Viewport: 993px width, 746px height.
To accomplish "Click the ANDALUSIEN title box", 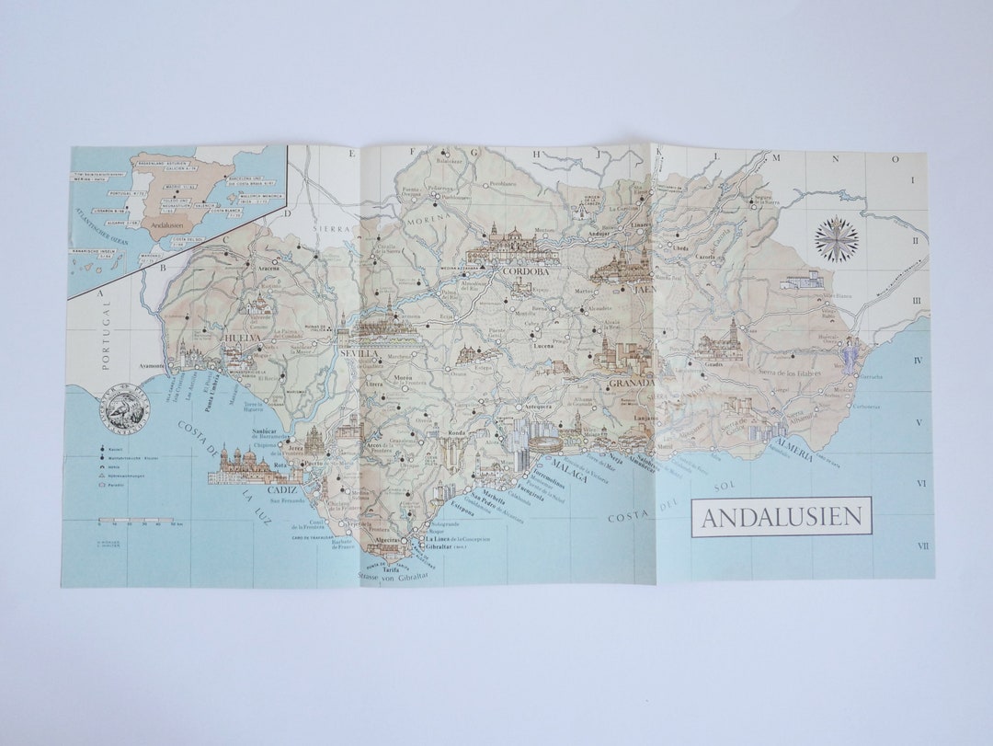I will pos(781,517).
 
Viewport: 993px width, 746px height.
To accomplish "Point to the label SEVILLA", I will pos(359,353).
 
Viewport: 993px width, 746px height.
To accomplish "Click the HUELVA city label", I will pos(243,339).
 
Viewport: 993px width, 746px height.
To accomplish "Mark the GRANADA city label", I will pos(631,382).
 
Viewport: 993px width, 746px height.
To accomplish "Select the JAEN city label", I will pos(643,289).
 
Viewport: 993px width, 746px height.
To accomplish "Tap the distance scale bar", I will pos(138,522).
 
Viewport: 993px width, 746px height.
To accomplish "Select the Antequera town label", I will pos(538,407).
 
